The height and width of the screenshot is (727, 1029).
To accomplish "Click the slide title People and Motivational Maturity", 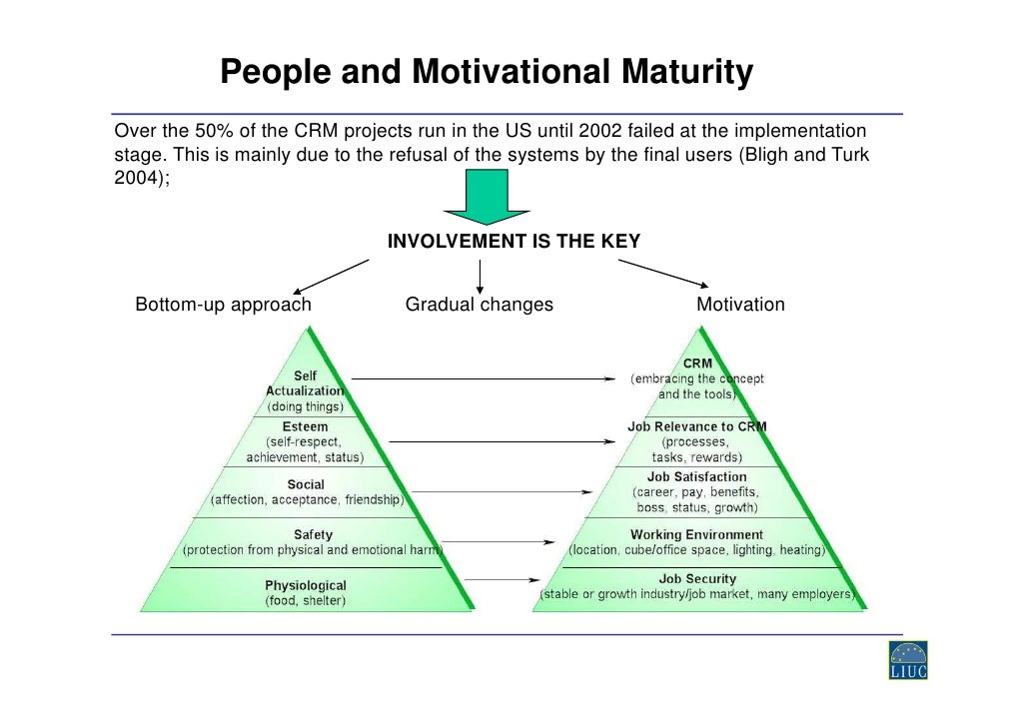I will tap(486, 73).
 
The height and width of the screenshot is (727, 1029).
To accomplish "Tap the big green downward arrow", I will tap(487, 196).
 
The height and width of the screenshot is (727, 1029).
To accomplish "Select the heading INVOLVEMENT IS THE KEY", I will tap(514, 242).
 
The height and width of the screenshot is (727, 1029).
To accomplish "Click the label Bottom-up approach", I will tap(223, 305).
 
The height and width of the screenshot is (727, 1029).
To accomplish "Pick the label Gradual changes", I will tap(479, 305).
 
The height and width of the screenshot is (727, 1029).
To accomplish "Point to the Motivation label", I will tap(740, 305).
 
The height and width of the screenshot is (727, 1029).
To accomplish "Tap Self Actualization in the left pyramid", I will tap(305, 383).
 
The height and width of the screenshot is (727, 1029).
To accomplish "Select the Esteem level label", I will tap(305, 426).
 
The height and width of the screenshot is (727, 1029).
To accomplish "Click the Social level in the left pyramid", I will tap(306, 484).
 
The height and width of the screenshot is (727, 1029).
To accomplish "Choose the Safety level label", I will tap(313, 534).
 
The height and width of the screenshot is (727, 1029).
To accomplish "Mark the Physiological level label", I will tap(306, 585).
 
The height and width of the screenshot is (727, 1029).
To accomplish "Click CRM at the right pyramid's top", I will tap(697, 364).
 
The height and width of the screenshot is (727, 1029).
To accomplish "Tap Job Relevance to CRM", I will tap(696, 426).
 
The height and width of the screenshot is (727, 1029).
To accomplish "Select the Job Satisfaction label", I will tap(696, 477).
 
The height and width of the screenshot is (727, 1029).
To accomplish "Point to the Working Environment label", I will tap(696, 534).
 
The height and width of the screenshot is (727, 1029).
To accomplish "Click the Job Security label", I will tap(697, 578).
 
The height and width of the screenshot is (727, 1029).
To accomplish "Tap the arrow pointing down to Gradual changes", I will tap(481, 277).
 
